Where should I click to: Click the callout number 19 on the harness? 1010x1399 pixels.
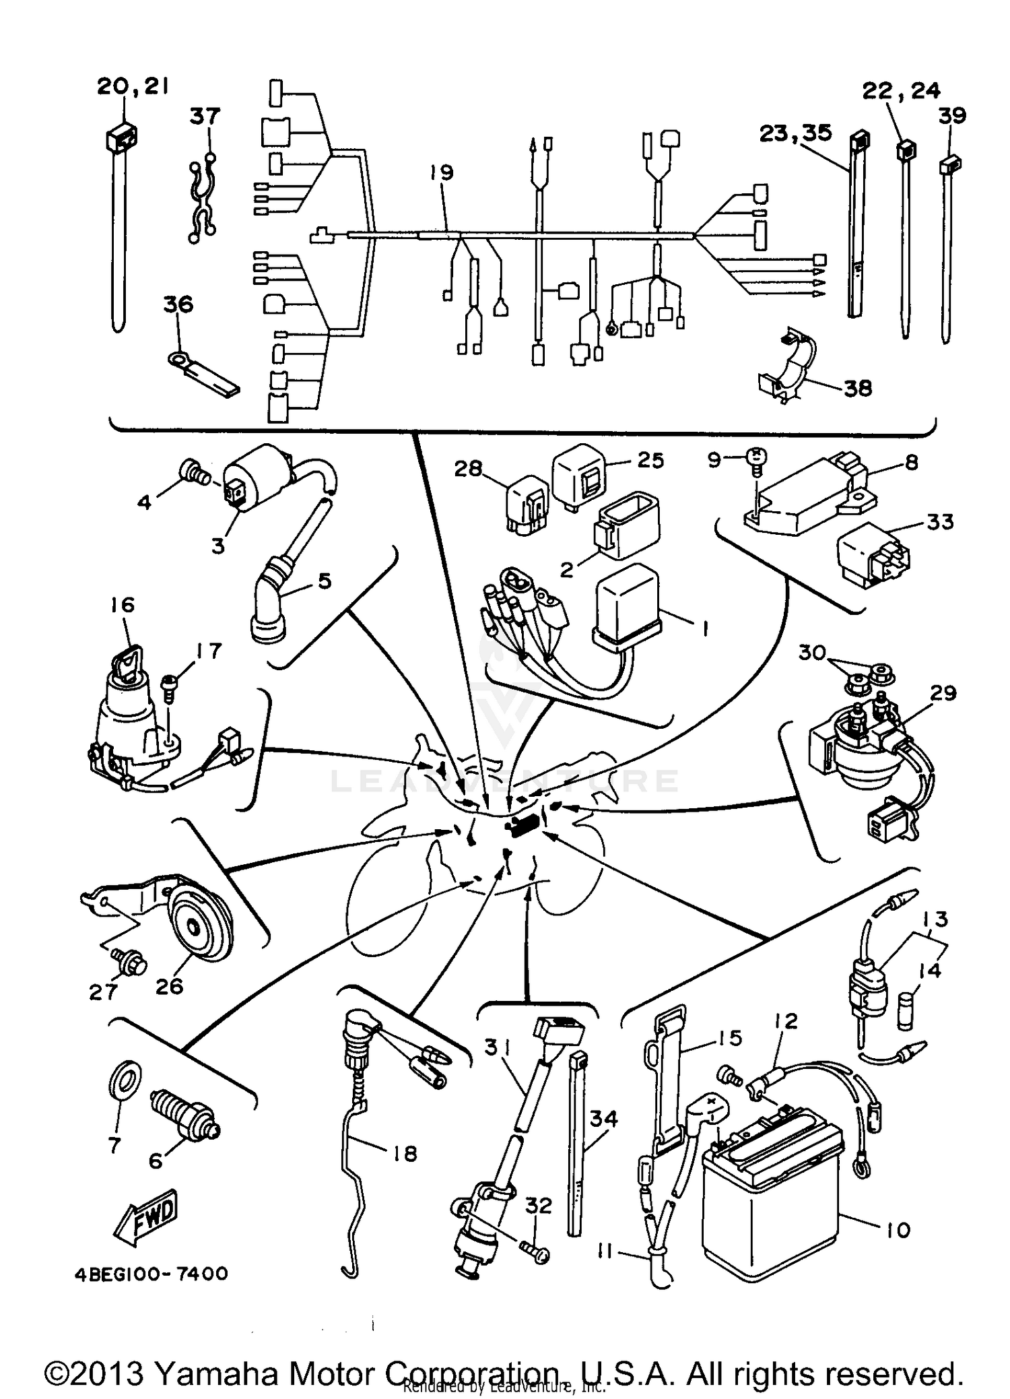tap(442, 172)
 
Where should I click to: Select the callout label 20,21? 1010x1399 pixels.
tap(133, 86)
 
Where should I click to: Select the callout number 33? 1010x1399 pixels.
tap(939, 521)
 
